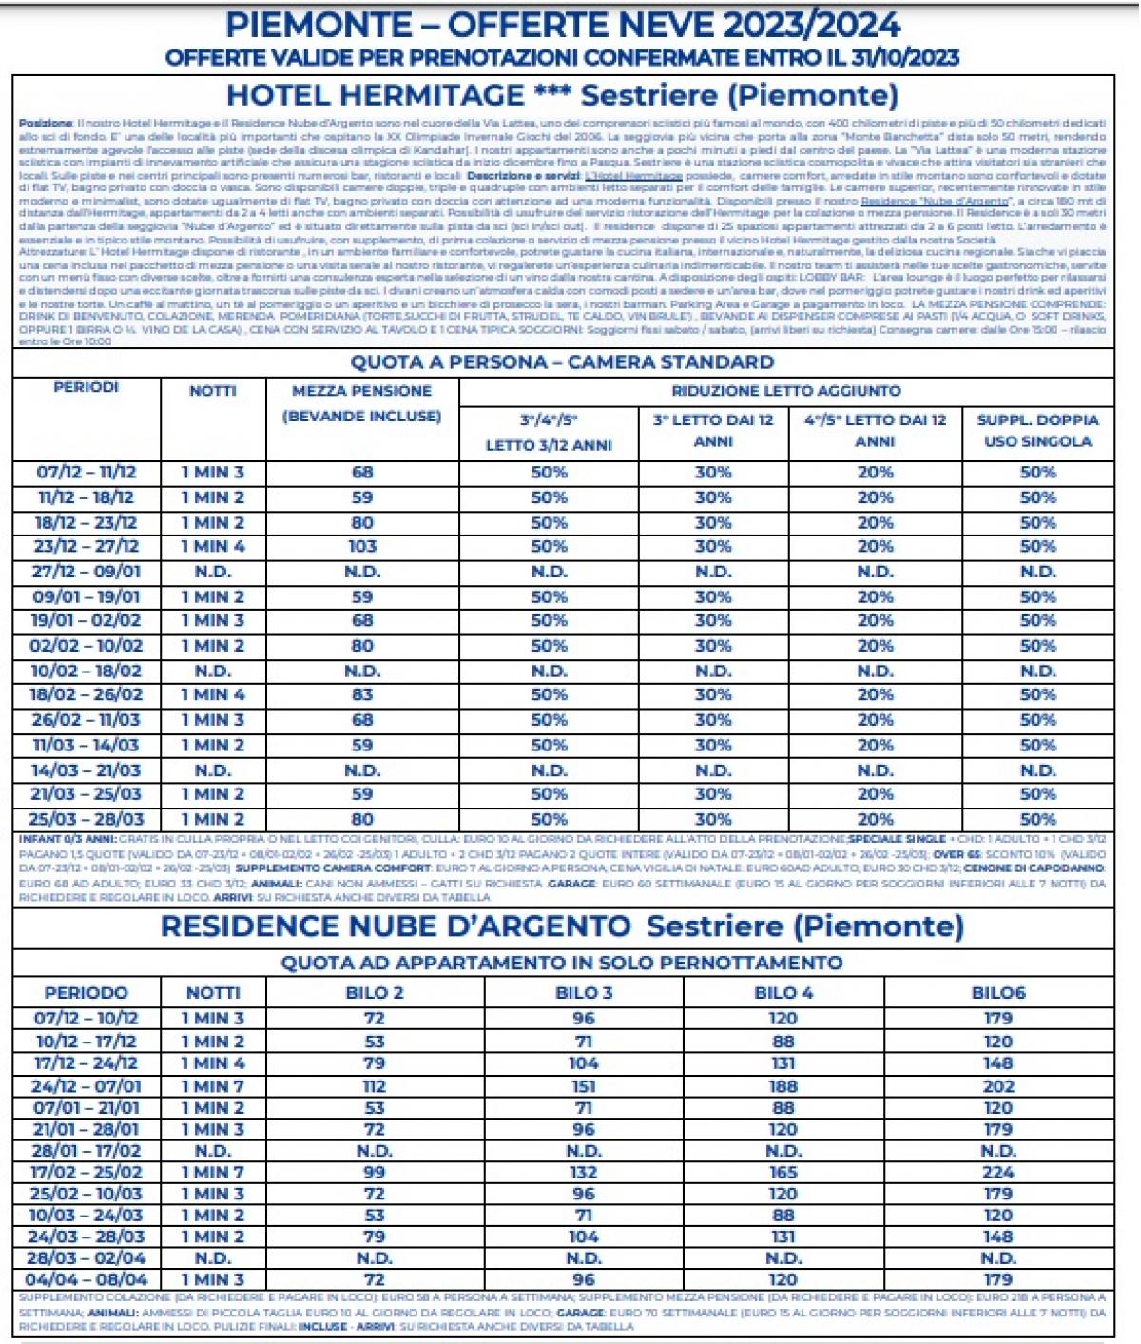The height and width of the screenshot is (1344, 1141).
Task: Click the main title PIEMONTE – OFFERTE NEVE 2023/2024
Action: point(563,24)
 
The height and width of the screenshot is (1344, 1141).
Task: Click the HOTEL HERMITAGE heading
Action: point(375,95)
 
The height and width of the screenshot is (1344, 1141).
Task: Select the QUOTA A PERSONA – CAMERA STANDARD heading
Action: point(562,361)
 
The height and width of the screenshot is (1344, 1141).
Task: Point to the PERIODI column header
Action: point(86,388)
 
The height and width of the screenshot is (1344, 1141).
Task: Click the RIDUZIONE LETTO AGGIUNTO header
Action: point(785,391)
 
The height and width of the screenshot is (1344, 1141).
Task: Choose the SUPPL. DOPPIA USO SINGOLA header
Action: point(1037,431)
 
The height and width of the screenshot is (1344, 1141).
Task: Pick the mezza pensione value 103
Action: point(362,547)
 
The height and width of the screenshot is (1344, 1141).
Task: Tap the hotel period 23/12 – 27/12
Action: point(87,547)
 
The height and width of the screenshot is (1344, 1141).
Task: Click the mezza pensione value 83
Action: point(362,695)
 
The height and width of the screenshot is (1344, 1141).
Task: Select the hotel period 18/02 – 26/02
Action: point(87,695)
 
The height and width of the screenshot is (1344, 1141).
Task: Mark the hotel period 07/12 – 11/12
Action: point(87,473)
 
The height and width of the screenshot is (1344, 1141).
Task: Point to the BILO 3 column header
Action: point(583,993)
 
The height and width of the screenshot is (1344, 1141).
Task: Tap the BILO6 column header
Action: point(998,993)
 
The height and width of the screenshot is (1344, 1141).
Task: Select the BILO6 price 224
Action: point(998,1173)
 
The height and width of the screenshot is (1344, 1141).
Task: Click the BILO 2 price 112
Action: point(374,1086)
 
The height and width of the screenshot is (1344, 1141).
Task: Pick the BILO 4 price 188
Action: point(783,1086)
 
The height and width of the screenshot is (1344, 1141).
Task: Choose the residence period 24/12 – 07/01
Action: point(87,1086)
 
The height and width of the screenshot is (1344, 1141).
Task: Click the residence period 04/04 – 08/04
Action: point(87,1280)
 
